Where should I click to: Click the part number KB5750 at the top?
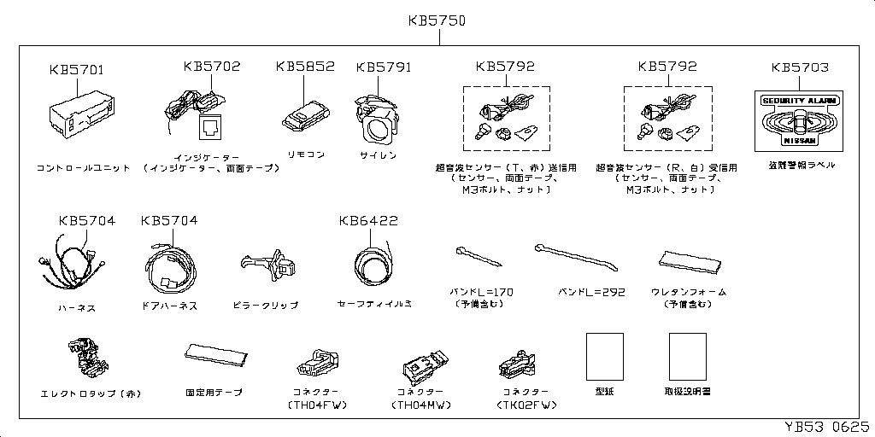(436, 20)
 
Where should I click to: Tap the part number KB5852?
(305, 67)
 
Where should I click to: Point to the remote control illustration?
(302, 114)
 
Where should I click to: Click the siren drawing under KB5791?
(377, 119)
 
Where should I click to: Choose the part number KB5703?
(799, 67)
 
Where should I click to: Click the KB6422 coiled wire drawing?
(373, 265)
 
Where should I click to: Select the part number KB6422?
(368, 220)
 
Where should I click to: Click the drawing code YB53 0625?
(827, 425)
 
